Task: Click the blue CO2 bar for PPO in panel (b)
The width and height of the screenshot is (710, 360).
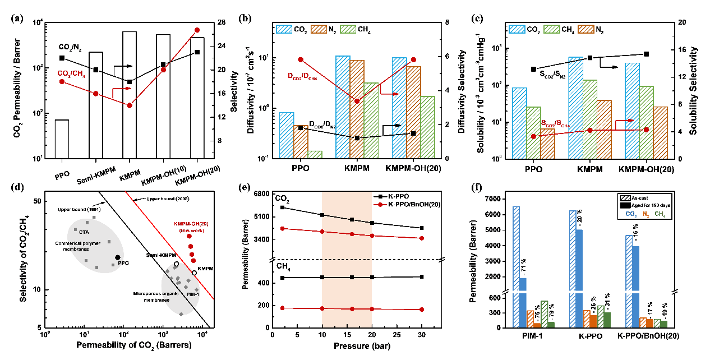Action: click(x=287, y=135)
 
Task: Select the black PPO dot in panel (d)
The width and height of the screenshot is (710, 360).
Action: click(x=117, y=257)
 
